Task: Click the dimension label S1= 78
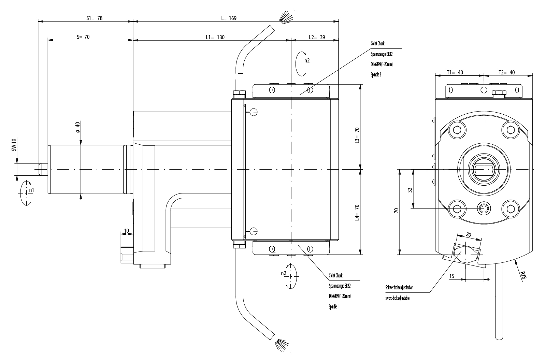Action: pyautogui.click(x=94, y=18)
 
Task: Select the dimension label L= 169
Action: pyautogui.click(x=229, y=18)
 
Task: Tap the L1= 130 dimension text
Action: pyautogui.click(x=215, y=37)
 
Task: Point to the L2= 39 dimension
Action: pyautogui.click(x=316, y=37)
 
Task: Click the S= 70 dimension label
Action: pyautogui.click(x=83, y=37)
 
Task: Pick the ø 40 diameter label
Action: pyautogui.click(x=77, y=127)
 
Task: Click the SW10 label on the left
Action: pyautogui.click(x=14, y=145)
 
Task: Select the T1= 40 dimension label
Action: pyautogui.click(x=455, y=72)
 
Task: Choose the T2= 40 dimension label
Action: pyautogui.click(x=506, y=72)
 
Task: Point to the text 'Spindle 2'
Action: pyautogui.click(x=376, y=74)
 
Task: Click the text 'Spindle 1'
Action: pyautogui.click(x=333, y=307)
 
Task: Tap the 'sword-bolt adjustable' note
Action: pyautogui.click(x=397, y=298)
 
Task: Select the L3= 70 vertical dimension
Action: pyautogui.click(x=357, y=135)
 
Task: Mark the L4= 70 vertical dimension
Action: pyautogui.click(x=357, y=213)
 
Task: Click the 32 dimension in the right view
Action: pyautogui.click(x=410, y=190)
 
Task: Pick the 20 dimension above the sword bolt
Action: pyautogui.click(x=468, y=235)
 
